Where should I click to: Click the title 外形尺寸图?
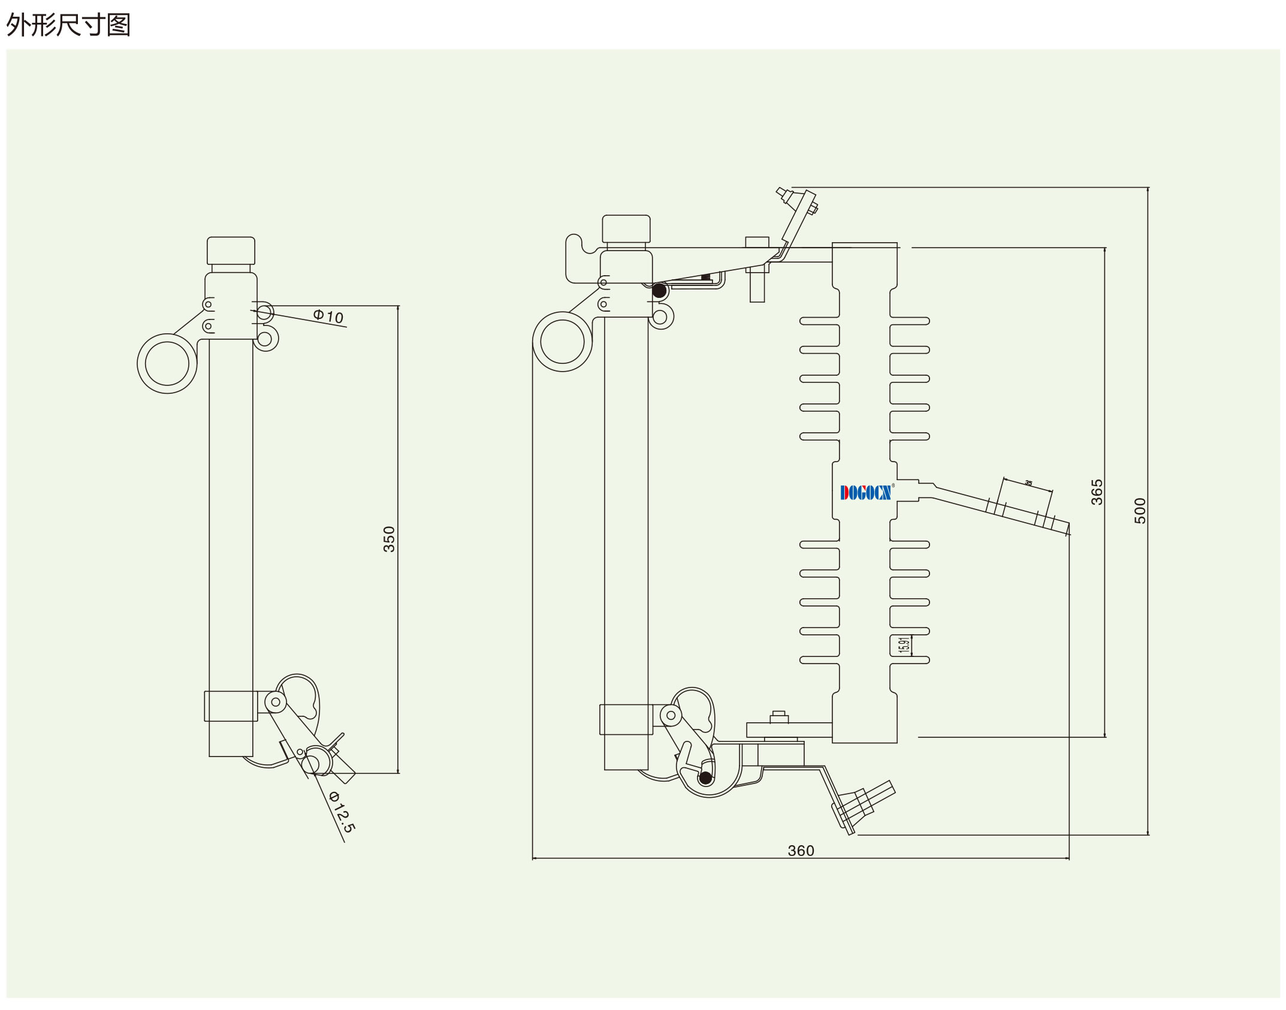[68, 25]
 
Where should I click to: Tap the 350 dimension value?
[390, 539]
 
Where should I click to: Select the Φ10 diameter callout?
[328, 316]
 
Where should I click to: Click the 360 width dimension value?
[801, 851]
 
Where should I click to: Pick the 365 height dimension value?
[1097, 492]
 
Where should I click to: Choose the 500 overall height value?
[1140, 511]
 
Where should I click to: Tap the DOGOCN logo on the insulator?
[866, 492]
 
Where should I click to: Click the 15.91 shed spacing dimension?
[904, 644]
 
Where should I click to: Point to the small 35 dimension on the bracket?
[1028, 483]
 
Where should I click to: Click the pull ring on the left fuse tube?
[167, 363]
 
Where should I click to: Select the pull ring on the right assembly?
[562, 342]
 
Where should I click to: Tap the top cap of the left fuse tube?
[231, 251]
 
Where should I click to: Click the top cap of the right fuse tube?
[626, 228]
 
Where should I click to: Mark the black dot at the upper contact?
[659, 291]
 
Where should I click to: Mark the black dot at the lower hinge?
[705, 778]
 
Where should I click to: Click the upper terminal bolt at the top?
[797, 200]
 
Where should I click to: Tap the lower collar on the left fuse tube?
[231, 706]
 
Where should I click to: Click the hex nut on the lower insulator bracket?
[778, 717]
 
